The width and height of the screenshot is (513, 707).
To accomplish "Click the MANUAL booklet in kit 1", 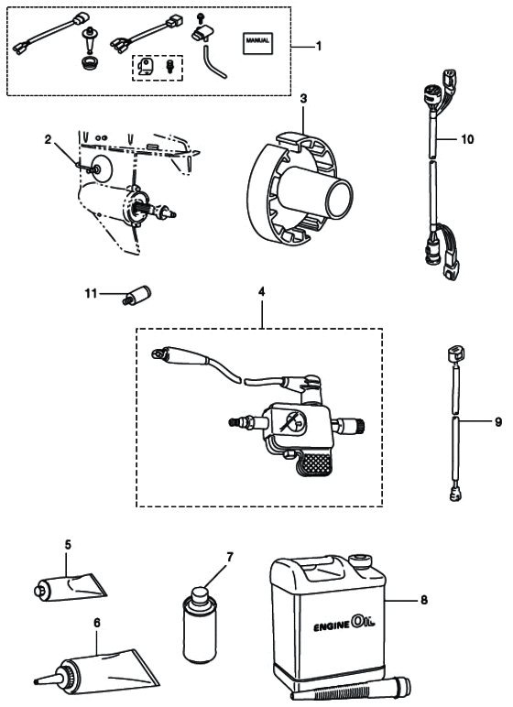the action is point(257,43).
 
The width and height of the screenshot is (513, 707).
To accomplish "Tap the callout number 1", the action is point(319,46).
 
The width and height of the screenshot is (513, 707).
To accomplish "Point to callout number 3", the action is point(303,98).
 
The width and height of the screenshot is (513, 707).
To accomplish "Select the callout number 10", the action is point(467,139).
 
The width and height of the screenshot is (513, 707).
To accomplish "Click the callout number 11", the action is point(91,294).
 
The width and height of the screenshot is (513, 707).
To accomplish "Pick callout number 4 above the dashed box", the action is point(261,292).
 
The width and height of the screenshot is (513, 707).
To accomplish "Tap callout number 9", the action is point(498,422).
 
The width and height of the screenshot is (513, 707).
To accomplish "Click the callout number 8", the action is point(424,600).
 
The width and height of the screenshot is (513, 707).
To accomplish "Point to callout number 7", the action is point(230,558).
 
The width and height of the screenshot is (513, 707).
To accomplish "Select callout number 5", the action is point(68,545).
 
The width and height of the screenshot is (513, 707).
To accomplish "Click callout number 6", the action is point(97,623).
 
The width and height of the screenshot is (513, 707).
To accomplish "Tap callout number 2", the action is point(49,140).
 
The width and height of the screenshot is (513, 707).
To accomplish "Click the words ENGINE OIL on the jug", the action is point(344,624).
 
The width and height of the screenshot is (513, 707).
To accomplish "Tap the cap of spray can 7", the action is point(199,594).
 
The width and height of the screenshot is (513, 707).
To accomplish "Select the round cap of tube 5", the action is point(39,591).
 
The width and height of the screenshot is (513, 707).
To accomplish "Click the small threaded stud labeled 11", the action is point(136,295).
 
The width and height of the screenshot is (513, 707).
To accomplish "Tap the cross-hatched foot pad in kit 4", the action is point(317,463).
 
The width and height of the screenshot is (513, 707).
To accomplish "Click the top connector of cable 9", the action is point(454,354).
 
